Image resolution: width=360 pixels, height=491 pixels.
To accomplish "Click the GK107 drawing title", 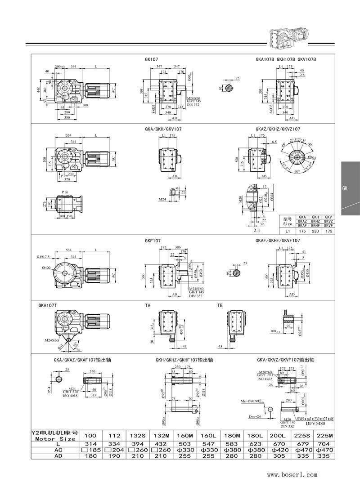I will (x=151, y=59).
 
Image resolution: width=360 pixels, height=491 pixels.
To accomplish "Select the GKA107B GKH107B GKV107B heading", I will (x=286, y=59).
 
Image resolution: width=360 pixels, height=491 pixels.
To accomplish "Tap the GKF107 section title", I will (x=153, y=241).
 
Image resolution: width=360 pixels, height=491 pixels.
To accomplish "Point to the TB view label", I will (x=220, y=305).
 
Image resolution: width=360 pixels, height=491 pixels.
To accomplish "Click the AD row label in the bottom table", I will (x=55, y=456).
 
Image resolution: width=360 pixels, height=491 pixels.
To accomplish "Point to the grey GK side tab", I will (x=350, y=189).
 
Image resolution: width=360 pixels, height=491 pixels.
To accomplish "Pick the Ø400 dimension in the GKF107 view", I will (x=46, y=268).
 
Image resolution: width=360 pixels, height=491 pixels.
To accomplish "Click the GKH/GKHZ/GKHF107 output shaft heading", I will (x=184, y=360).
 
